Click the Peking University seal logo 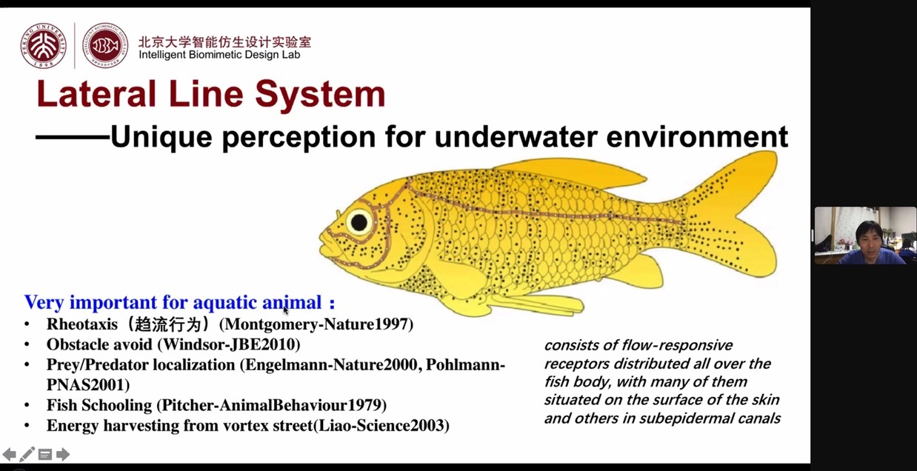point(44,45)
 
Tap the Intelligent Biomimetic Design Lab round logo point(104,45)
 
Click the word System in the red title point(320,95)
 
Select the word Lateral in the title point(96,94)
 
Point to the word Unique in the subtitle point(161,137)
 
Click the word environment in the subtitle point(697,137)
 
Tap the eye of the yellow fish point(359,223)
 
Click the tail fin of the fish point(733,213)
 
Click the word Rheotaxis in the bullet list point(82,324)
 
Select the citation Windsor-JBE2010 point(230,344)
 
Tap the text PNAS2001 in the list point(85,384)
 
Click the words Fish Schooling point(99,405)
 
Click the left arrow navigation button point(9,454)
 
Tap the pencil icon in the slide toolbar point(27,454)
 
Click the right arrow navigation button point(63,454)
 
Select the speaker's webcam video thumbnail point(865,235)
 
